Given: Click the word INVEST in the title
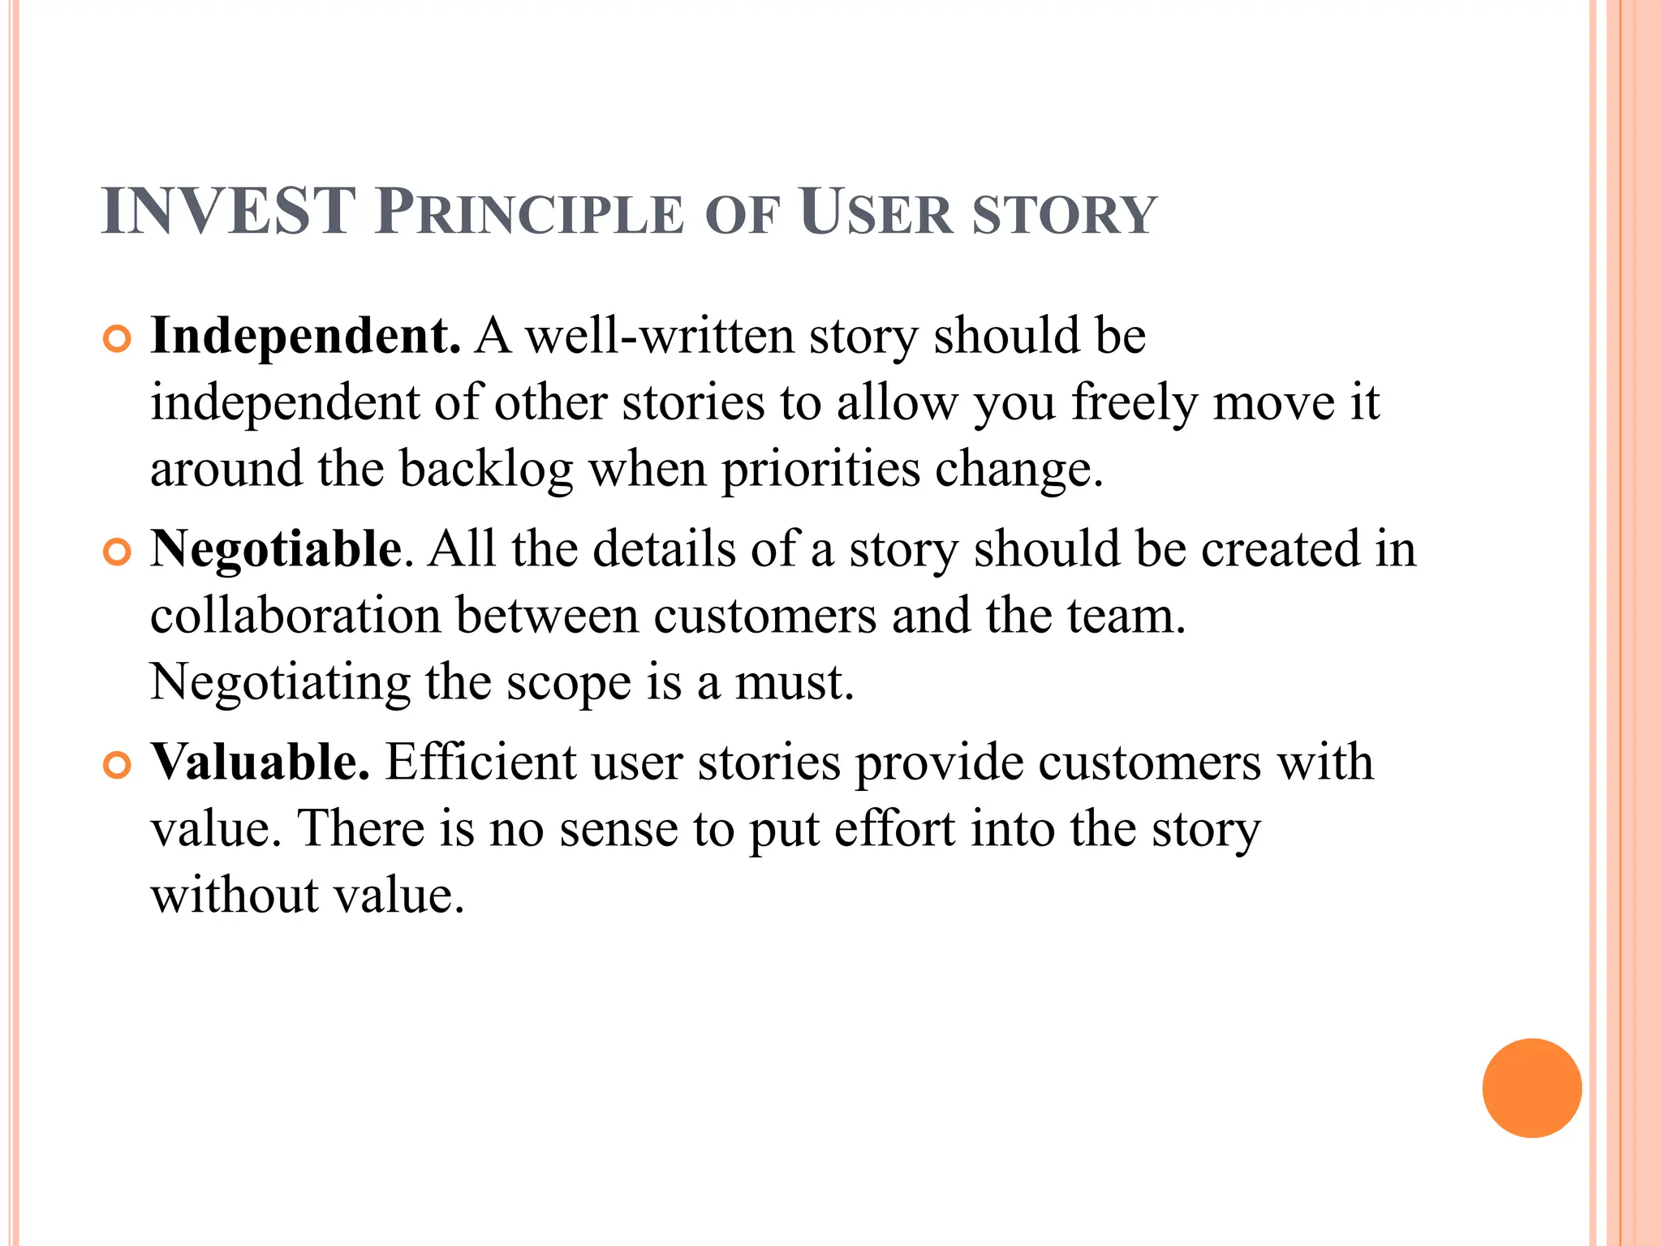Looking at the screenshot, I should [x=228, y=212].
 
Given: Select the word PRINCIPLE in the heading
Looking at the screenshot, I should [x=530, y=213].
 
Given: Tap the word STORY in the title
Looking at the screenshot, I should [x=1064, y=216].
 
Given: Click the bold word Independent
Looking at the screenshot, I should [x=305, y=336].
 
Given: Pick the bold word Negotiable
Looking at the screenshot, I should [x=276, y=549].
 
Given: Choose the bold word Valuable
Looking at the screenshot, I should [x=260, y=763].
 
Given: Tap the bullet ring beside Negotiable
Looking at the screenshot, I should [x=118, y=552].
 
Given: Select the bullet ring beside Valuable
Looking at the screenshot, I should [x=118, y=766].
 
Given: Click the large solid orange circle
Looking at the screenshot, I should [x=1531, y=1088].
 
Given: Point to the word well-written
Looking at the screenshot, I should [x=660, y=336].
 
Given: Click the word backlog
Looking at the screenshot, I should [x=486, y=470].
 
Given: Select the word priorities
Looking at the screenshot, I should [x=820, y=470].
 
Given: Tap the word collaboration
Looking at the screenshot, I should [x=295, y=616].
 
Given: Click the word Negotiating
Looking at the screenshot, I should [x=280, y=684].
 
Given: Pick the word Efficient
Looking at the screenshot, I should [x=480, y=763].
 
